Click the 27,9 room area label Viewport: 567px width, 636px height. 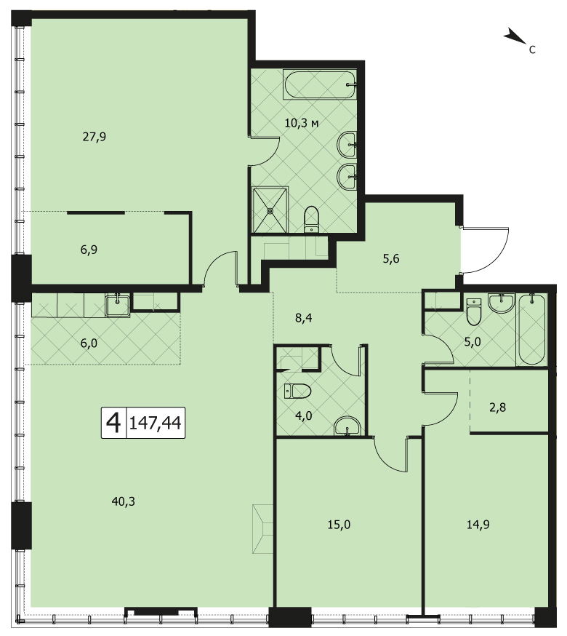pos(94,135)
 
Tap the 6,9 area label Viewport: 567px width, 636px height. pos(89,250)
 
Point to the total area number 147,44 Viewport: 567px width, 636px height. pos(155,423)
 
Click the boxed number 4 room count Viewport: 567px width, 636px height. pos(113,423)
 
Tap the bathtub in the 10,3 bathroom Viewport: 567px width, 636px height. pos(321,85)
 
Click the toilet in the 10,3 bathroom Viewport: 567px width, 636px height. pos(312,219)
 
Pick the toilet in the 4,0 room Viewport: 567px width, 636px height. pos(298,391)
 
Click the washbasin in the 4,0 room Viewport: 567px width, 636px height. pos(348,427)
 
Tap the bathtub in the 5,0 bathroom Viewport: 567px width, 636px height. pos(531,329)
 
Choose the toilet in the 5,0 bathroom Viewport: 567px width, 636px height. pos(474,311)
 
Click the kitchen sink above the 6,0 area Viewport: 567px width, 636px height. pos(117,304)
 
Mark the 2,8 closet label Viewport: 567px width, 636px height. pos(497,407)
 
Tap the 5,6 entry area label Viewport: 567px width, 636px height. pos(390,258)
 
